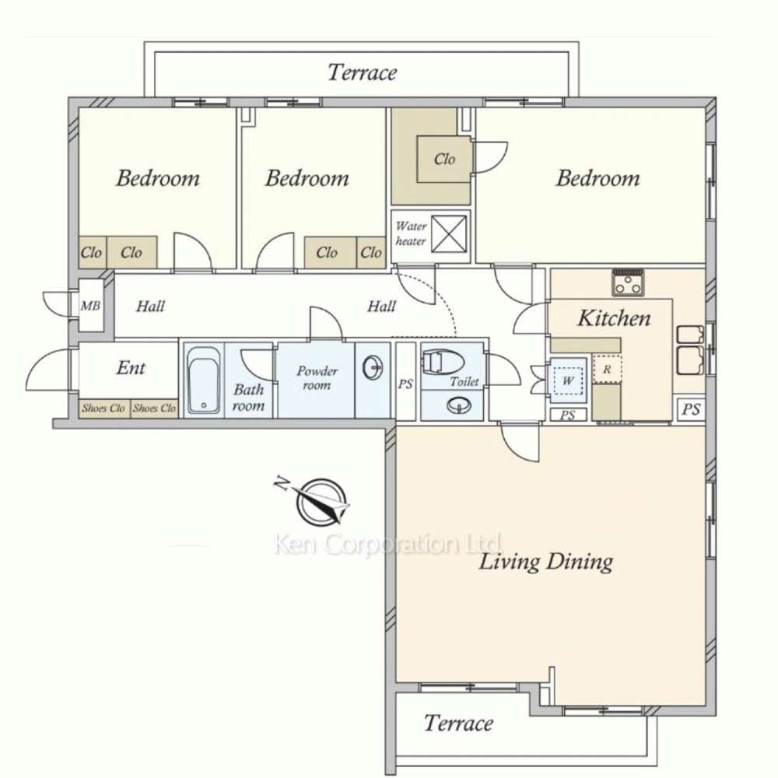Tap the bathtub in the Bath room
pos(203,380)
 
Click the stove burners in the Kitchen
pos(628,283)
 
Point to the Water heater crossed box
pos(449,233)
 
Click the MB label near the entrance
pos(90,306)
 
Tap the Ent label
pos(131,368)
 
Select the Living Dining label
pos(546,562)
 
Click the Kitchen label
pos(614,317)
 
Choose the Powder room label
pos(317,377)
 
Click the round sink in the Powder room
pos(373,368)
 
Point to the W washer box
pos(568,380)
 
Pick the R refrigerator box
pos(607,369)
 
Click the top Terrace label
pos(363,72)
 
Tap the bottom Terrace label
pos(458,723)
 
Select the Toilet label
pos(464,381)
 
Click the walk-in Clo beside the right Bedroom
pos(444,159)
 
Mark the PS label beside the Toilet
pos(405,384)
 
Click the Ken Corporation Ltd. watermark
pos(388,545)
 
